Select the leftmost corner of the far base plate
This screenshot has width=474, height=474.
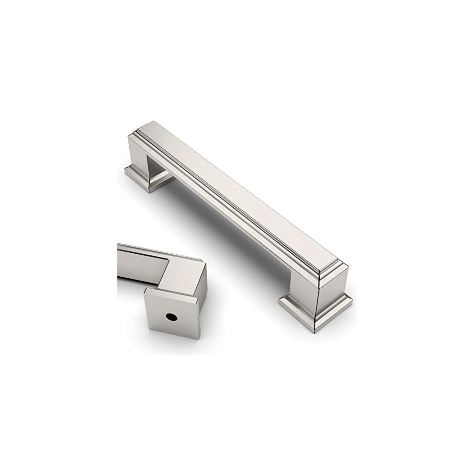click(125, 169)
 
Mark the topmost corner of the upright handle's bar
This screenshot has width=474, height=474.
click(152, 122)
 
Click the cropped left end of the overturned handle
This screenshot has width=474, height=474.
click(120, 263)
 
